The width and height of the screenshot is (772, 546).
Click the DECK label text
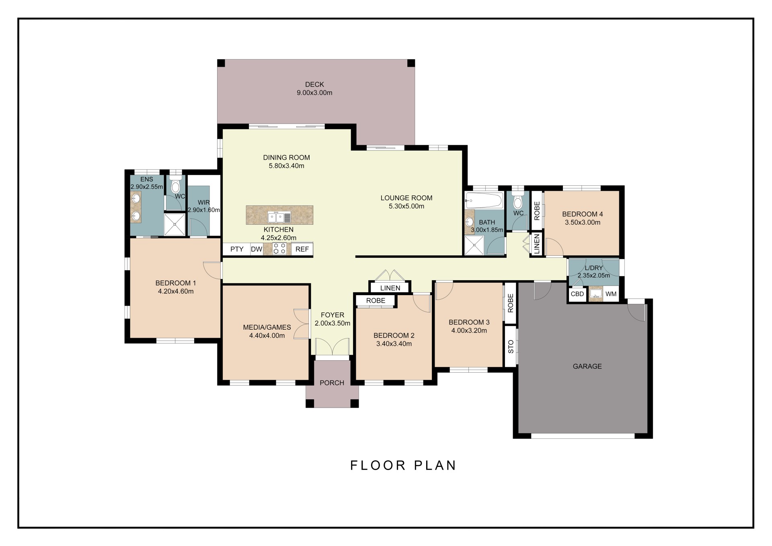314,84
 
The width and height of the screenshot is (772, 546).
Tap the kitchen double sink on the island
279,217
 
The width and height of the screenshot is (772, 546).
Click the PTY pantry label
237,249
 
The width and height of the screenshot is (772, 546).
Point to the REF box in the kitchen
302,249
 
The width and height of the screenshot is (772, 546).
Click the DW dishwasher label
257,249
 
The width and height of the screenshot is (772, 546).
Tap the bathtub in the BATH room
484,200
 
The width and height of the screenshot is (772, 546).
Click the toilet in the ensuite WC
176,185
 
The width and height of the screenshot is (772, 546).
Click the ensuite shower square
175,224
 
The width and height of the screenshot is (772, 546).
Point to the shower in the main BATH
474,245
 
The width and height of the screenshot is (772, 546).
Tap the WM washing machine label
611,294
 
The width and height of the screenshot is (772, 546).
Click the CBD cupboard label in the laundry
577,294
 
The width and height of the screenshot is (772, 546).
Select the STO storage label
511,347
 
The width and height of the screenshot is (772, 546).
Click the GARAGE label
587,366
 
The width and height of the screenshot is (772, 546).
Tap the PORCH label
332,383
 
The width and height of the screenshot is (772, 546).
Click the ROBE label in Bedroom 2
376,300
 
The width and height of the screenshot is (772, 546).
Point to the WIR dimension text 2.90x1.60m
204,210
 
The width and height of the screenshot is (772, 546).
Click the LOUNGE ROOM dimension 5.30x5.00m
407,206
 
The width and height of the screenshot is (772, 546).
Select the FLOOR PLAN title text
403,465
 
